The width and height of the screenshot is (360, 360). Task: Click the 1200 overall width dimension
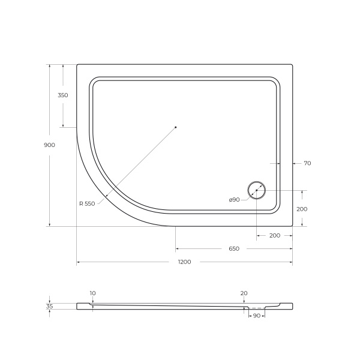click(184, 262)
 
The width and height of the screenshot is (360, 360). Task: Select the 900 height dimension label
click(49, 145)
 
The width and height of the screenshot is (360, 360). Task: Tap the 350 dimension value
click(62, 95)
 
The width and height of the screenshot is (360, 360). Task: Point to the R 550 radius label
click(87, 203)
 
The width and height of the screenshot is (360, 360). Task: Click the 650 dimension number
click(234, 248)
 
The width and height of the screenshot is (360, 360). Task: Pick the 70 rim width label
click(307, 163)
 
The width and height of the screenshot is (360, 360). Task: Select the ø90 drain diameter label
click(234, 199)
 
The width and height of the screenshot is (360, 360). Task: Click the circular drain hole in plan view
click(257, 190)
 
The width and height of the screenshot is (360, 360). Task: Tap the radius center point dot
click(176, 127)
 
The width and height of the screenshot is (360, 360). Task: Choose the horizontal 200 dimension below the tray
click(275, 235)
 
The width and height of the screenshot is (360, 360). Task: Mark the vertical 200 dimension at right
click(302, 209)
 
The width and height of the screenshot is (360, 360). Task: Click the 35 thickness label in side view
click(50, 307)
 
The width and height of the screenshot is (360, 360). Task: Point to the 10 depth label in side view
click(92, 293)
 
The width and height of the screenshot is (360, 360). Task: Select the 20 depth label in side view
click(244, 293)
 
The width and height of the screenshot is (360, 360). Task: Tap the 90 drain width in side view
click(256, 315)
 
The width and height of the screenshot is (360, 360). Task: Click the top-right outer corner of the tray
click(292, 65)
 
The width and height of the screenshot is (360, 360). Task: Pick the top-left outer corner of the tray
click(77, 65)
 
